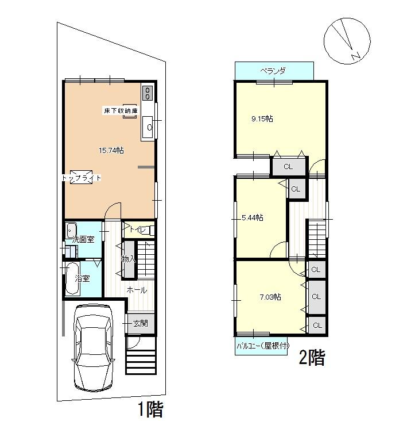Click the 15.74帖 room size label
111,150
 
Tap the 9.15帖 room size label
262,119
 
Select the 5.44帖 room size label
253,217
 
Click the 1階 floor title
150,409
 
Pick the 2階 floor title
311,359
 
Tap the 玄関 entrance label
141,323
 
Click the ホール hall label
137,290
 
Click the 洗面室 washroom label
83,239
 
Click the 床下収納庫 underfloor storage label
121,110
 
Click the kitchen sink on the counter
148,127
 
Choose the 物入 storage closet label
129,259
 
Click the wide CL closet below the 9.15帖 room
288,167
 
